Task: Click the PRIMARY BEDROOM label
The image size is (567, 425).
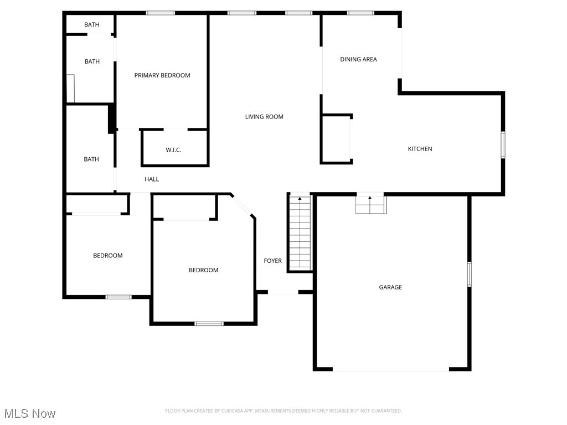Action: (162, 75)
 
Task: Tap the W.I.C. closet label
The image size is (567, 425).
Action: (173, 150)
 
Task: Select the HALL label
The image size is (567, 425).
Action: (152, 179)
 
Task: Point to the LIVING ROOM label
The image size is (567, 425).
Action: (264, 117)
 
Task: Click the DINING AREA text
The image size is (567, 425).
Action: (358, 59)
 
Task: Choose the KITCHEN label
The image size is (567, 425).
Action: (420, 149)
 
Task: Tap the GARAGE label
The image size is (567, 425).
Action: (390, 287)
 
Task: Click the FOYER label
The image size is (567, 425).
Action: (272, 261)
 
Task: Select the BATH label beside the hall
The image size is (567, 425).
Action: (91, 159)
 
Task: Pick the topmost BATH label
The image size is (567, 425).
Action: (91, 24)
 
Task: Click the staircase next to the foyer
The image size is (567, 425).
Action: (300, 232)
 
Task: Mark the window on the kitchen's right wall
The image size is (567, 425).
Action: (503, 145)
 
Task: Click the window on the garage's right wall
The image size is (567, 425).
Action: (469, 274)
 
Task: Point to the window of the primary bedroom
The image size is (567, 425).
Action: (161, 13)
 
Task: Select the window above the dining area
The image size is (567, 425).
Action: (360, 13)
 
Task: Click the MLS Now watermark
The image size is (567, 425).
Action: (30, 413)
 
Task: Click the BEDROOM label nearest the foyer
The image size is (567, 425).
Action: (203, 270)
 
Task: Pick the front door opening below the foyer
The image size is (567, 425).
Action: (283, 293)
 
